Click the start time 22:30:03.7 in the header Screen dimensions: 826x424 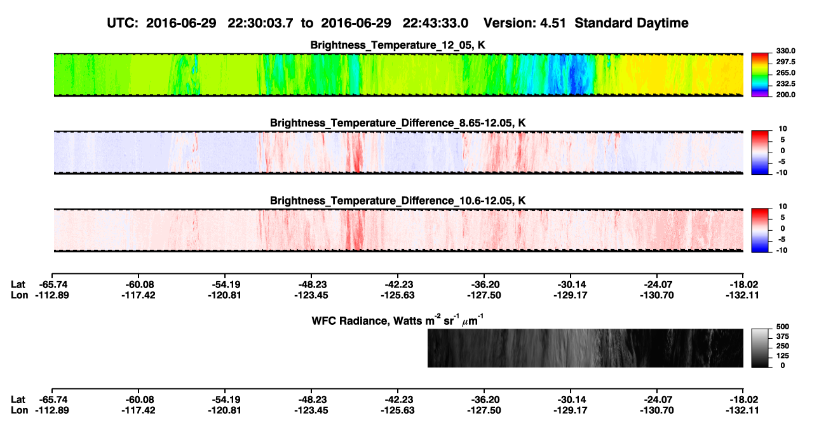point(261,23)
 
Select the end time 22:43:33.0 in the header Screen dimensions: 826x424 point(435,23)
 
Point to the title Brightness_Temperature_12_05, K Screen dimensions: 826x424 point(398,45)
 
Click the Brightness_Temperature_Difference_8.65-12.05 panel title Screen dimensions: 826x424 point(398,123)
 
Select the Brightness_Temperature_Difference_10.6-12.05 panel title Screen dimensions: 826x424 point(398,201)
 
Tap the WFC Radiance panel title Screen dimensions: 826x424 point(398,320)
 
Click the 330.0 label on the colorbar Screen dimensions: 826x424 point(785,51)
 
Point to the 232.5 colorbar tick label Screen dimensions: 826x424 point(785,84)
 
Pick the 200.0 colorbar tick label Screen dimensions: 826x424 point(785,95)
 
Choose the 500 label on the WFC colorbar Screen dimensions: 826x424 point(783,327)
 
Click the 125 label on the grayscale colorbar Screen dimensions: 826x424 point(783,356)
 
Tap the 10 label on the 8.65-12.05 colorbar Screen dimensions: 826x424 point(783,129)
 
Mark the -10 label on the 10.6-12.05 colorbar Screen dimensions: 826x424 point(781,250)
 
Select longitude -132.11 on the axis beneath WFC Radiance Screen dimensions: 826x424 point(742,411)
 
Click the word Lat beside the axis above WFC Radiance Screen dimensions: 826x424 point(18,285)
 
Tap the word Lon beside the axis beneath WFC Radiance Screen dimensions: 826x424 point(19,411)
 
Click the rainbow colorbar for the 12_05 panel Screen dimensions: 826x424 point(760,75)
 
